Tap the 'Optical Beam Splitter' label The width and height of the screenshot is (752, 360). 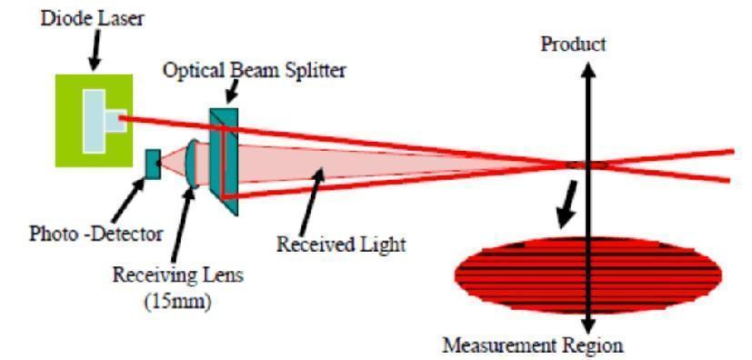point(255,71)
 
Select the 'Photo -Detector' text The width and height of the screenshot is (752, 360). point(95,235)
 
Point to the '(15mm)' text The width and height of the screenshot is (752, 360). point(179,303)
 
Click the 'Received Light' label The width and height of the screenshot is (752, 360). point(342,244)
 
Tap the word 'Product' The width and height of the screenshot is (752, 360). point(573,45)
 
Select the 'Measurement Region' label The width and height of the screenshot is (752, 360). point(533,345)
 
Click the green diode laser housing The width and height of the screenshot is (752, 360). point(94,120)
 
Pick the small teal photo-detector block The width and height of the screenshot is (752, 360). point(153,165)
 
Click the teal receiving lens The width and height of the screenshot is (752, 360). point(194,164)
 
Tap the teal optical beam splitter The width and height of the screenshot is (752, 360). point(224,161)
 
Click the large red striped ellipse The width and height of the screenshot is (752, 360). point(587,275)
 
